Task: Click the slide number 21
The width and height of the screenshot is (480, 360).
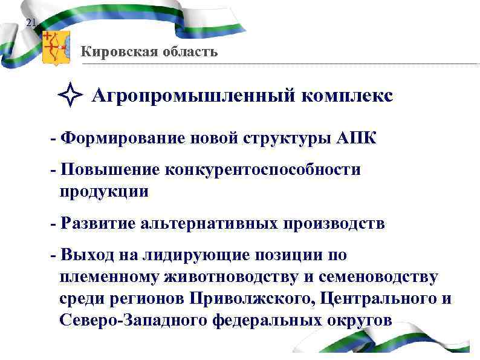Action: tap(31, 24)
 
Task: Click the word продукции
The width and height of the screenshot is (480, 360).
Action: tap(103, 192)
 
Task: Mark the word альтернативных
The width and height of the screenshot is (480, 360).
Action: tap(209, 224)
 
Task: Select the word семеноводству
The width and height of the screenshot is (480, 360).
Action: tap(387, 277)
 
